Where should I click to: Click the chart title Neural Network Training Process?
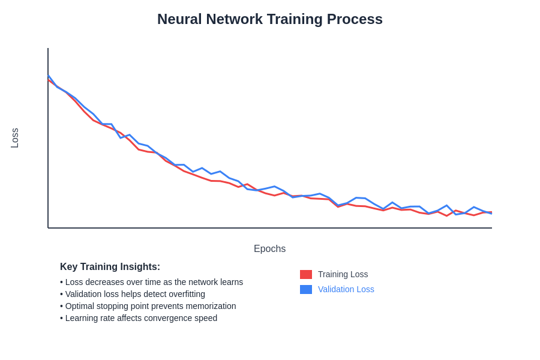coord(270,19)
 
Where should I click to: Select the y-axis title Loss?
coord(15,138)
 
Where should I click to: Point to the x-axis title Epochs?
coord(269,249)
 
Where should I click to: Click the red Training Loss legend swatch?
coord(306,274)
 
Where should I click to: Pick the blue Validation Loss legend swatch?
coord(306,289)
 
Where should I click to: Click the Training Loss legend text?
coord(343,274)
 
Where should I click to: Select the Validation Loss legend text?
coord(346,289)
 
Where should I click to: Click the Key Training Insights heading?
coord(110,267)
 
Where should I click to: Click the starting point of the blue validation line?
coord(48,76)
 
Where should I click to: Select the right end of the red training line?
coord(491,212)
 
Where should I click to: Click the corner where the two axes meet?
coord(48,228)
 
